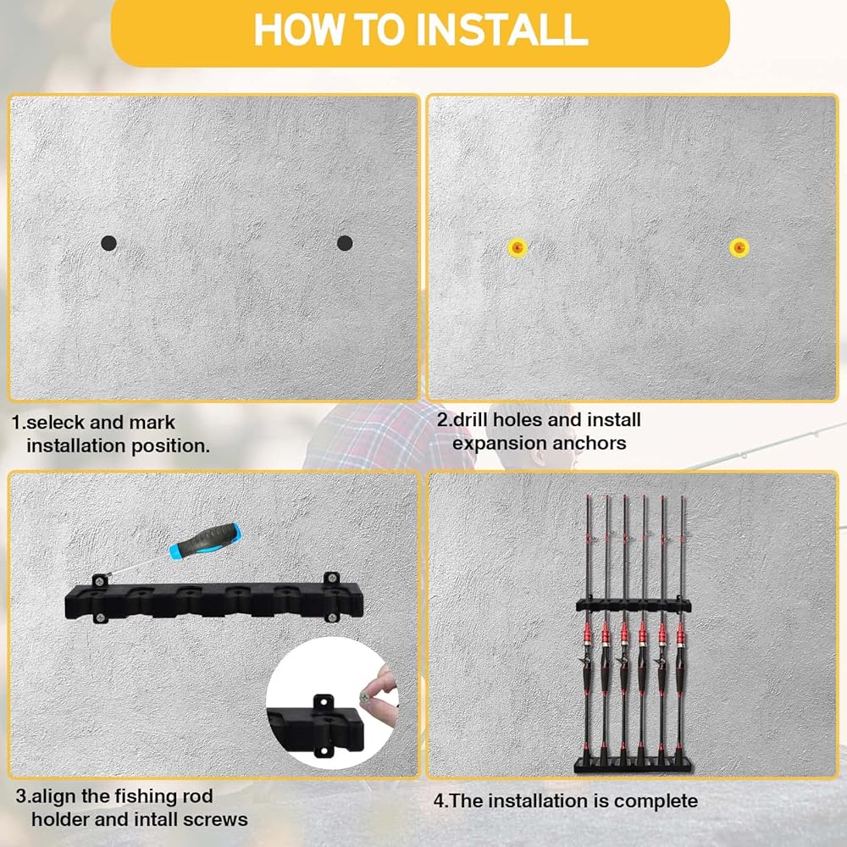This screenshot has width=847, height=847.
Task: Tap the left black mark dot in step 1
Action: pos(108,243)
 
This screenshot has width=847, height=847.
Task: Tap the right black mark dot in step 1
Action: pos(345,243)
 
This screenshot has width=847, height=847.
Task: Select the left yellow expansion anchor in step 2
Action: pos(518,247)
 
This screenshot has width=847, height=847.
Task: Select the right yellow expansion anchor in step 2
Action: pos(739,247)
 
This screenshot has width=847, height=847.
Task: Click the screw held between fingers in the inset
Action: pos(366,697)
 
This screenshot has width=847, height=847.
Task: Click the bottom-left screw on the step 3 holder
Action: pos(100,617)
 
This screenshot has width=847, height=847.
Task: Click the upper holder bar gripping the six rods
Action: pos(633,605)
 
